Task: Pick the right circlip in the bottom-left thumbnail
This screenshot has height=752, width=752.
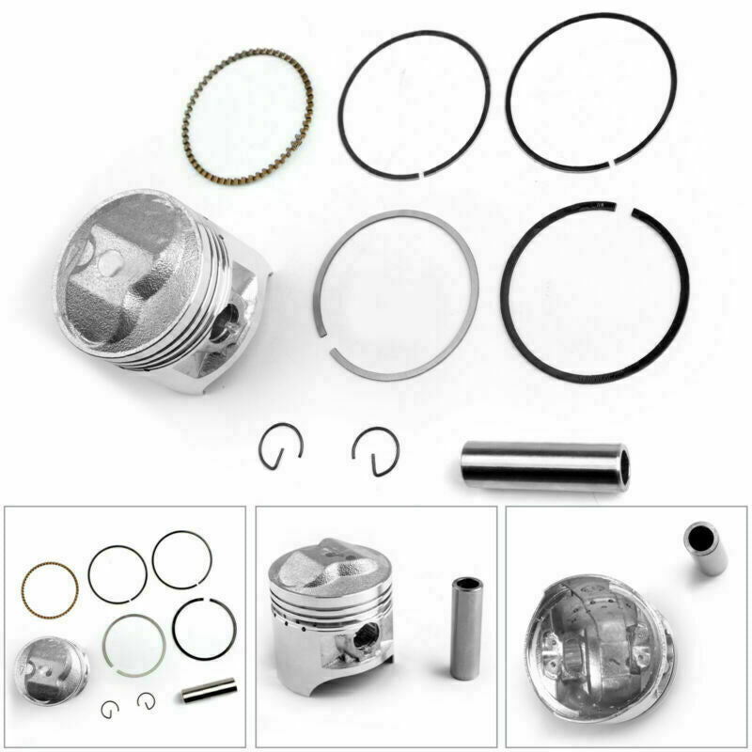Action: pyautogui.click(x=146, y=699)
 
